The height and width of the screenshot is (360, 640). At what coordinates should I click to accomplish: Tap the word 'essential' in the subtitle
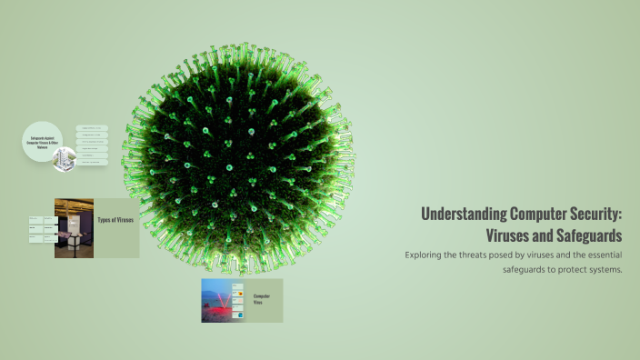[601, 255]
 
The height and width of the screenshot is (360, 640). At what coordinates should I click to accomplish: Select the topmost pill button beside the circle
[92, 128]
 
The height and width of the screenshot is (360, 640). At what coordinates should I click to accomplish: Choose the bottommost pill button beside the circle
[92, 164]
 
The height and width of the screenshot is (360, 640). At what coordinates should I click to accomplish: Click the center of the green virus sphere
[238, 156]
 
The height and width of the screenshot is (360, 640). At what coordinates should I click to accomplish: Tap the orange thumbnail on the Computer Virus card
[238, 296]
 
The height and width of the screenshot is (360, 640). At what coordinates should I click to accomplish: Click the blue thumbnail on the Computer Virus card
[238, 307]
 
